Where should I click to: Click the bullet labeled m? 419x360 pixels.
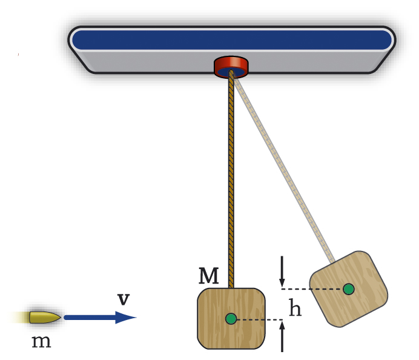point(44,317)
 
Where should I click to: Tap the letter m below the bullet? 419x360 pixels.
point(41,342)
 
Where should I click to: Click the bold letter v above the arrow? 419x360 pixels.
point(124,299)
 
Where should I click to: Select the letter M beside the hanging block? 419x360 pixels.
point(208,276)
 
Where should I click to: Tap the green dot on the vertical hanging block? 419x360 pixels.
point(231,319)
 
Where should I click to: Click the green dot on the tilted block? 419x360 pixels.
point(348,289)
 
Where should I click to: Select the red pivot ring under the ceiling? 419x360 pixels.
point(231,65)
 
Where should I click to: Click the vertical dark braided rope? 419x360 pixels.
point(231,182)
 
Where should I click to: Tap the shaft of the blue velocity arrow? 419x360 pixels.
point(91,317)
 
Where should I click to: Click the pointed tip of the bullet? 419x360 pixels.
point(59,317)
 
